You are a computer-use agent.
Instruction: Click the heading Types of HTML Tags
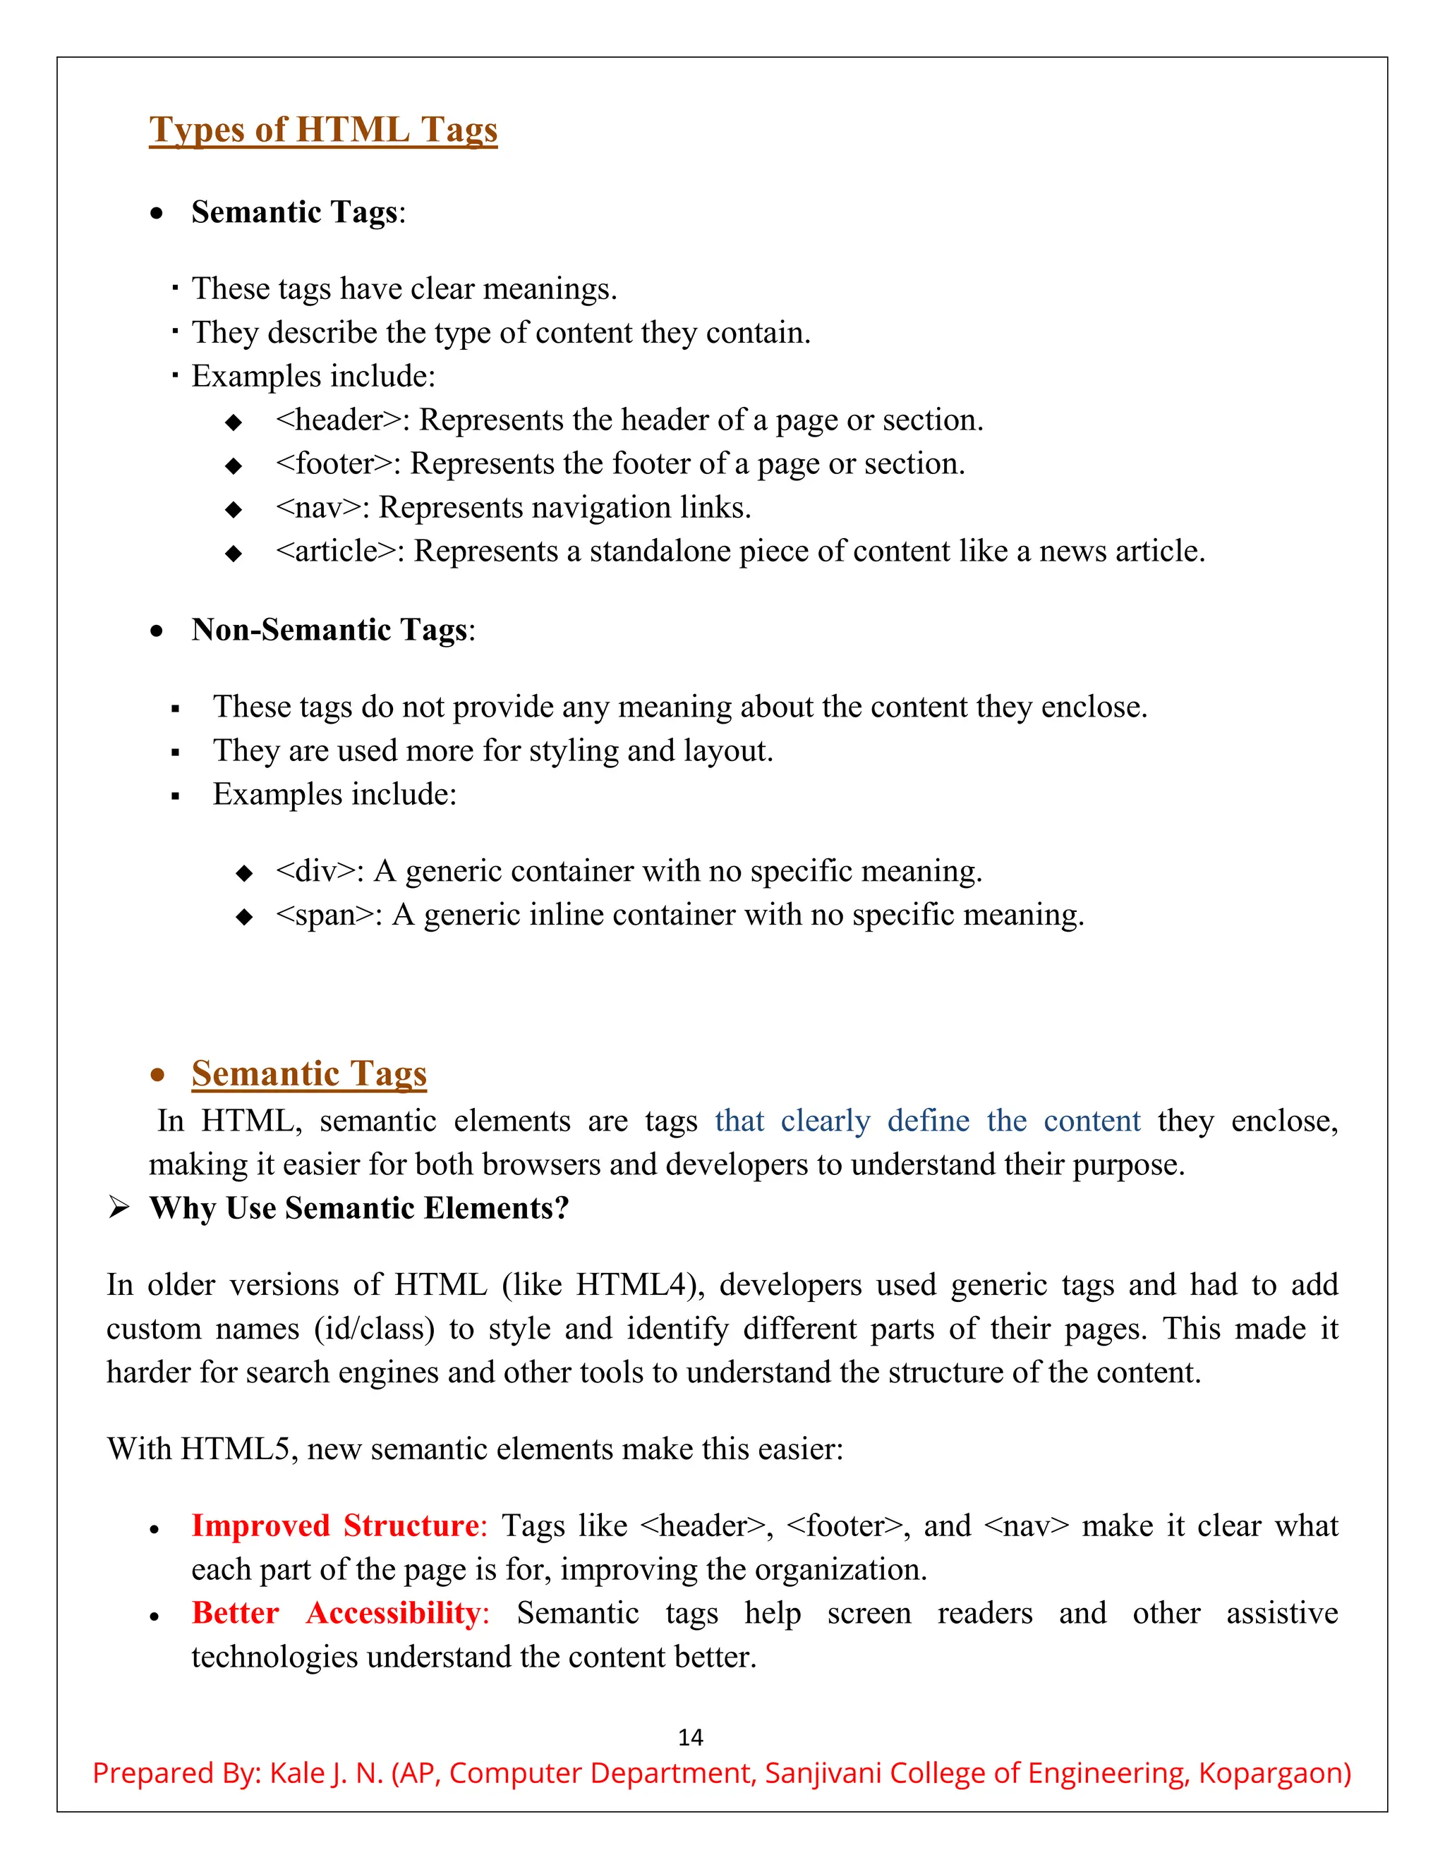pos(322,129)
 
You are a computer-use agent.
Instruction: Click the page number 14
pos(690,1737)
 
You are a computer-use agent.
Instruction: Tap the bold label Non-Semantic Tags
pos(329,630)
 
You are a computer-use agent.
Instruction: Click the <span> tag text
pos(325,915)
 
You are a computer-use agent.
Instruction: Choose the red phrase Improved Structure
pos(334,1526)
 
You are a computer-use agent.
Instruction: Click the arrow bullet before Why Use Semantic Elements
pos(119,1208)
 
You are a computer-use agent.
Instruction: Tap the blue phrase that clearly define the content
pos(927,1121)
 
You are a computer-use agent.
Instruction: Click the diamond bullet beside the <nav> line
pos(233,510)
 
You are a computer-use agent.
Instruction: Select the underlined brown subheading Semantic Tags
pos(309,1073)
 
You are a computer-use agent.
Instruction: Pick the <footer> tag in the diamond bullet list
pos(334,464)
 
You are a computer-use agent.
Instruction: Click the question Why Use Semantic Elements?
pos(358,1208)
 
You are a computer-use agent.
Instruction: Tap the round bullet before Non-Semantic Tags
pos(156,631)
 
